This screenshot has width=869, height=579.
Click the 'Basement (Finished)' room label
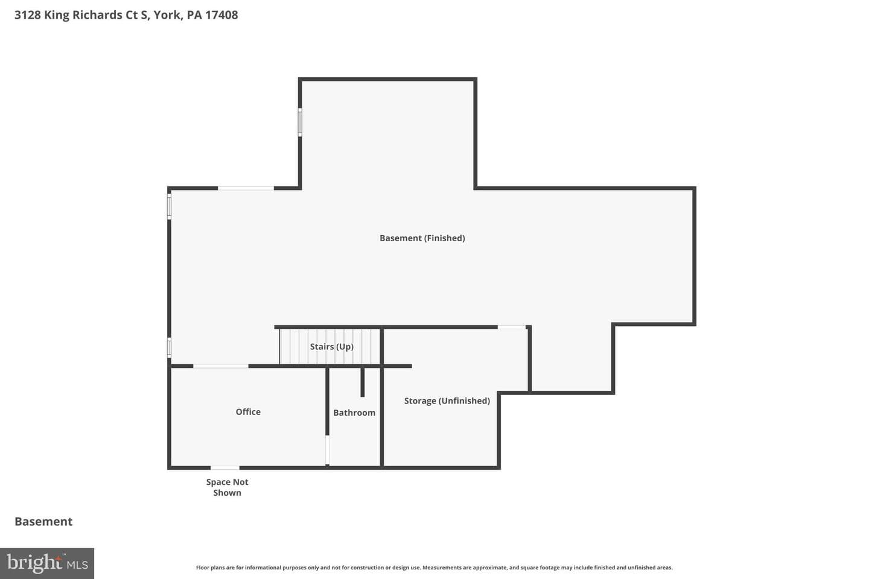[422, 238]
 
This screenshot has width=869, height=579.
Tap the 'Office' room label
[248, 412]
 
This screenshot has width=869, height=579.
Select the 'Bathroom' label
[354, 413]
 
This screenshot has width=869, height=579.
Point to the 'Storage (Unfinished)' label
[447, 400]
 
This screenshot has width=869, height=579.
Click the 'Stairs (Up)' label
[332, 346]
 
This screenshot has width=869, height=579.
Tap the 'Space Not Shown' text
[227, 487]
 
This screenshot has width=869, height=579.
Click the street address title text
[126, 14]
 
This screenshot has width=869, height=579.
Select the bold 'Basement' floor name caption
[43, 522]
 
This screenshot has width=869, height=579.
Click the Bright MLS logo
[47, 563]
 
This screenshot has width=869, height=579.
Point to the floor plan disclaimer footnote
[434, 568]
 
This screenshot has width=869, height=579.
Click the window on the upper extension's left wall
[300, 122]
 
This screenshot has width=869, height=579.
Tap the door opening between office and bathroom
[328, 450]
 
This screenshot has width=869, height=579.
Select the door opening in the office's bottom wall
[225, 467]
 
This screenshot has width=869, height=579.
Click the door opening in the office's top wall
[221, 366]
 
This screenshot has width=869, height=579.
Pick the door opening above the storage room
[512, 327]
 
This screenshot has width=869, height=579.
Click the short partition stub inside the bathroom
[362, 382]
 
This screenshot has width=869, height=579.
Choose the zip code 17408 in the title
[221, 14]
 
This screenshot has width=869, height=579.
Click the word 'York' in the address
[168, 14]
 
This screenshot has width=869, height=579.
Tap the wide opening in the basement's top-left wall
[246, 188]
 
